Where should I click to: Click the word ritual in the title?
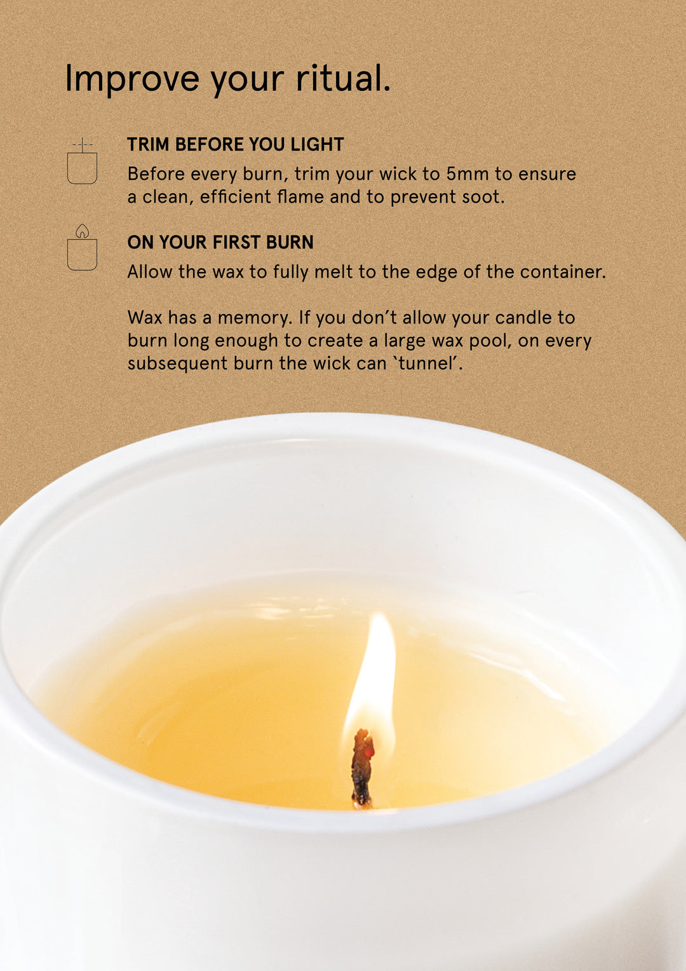(x=342, y=79)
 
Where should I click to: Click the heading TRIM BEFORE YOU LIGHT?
(x=235, y=144)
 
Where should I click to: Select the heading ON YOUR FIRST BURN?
(x=220, y=242)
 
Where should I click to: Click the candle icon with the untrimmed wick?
(x=82, y=162)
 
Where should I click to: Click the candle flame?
(x=374, y=674)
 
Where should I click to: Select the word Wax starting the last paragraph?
(x=145, y=318)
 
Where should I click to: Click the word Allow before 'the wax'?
(x=150, y=272)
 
